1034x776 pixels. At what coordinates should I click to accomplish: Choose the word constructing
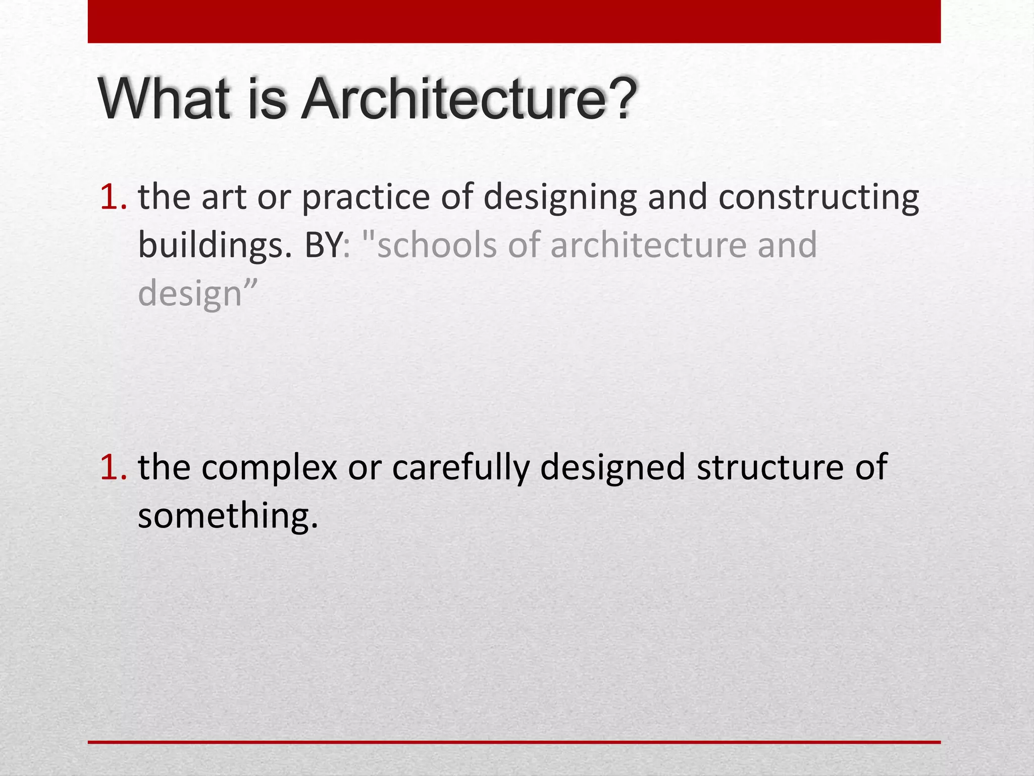(x=818, y=198)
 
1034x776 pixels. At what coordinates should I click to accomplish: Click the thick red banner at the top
(x=514, y=21)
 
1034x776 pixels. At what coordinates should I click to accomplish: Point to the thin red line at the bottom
(x=514, y=742)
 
